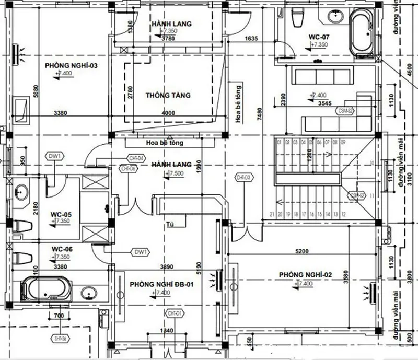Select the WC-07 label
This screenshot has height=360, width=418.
[319, 37]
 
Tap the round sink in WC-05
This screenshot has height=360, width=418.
[21, 192]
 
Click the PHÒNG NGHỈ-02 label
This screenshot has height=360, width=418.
[306, 274]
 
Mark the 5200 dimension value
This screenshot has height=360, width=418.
[301, 252]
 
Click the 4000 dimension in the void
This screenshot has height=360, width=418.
[169, 113]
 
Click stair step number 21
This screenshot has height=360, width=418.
[272, 214]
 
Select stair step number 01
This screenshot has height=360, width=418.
[280, 142]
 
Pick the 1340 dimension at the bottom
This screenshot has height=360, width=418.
[167, 331]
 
